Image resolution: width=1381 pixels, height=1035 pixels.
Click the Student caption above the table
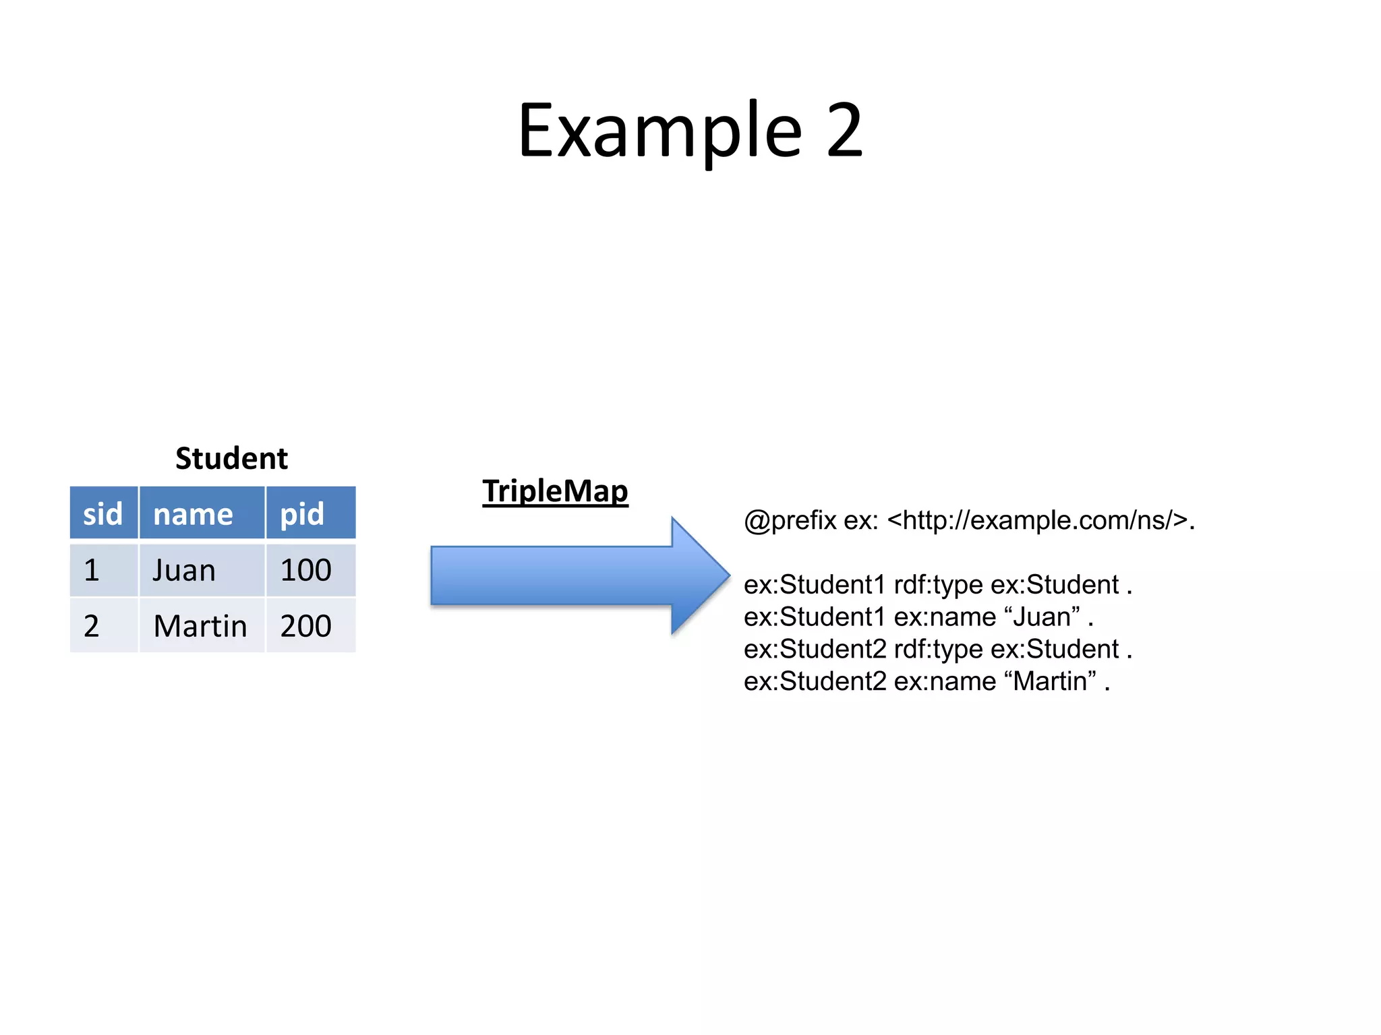point(231,459)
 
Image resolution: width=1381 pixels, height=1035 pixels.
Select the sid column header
point(103,514)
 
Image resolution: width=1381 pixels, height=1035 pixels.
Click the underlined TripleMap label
point(555,491)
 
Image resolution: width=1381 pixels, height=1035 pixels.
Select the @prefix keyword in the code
point(790,521)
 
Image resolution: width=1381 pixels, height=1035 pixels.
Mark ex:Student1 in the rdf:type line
point(814,584)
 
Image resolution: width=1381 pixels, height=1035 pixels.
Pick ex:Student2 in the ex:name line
point(815,681)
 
